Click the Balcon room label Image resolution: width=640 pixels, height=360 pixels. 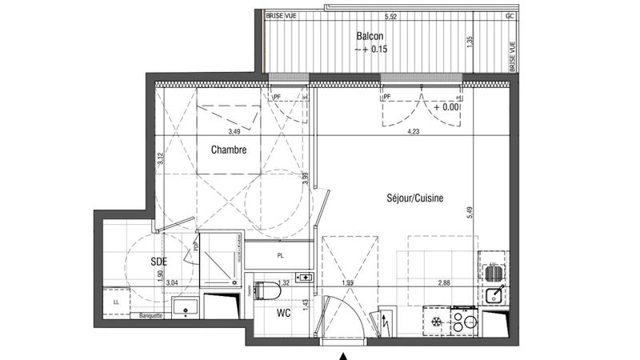[x=370, y=37]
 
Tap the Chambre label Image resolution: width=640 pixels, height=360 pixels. [x=228, y=150]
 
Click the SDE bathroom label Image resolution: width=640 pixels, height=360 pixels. [x=158, y=261]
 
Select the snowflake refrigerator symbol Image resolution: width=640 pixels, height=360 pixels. [x=436, y=321]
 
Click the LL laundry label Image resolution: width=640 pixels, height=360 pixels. [x=118, y=302]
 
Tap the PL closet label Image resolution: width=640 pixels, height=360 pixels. [x=279, y=257]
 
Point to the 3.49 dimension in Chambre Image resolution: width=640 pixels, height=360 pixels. [x=234, y=131]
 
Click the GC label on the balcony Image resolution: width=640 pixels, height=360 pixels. [x=509, y=16]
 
